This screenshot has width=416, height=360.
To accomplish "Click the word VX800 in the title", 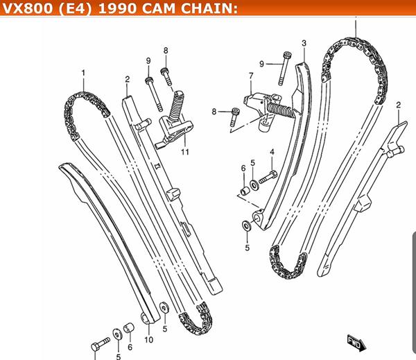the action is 28,8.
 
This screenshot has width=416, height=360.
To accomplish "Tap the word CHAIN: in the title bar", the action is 209,8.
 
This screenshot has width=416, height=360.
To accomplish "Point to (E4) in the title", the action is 76,8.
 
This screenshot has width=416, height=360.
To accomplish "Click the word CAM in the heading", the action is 159,8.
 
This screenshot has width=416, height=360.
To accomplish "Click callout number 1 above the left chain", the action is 84,73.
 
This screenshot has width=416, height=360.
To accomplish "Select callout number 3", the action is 304,43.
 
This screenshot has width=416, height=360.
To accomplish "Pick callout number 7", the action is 251,76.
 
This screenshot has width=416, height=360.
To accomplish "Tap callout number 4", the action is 272,152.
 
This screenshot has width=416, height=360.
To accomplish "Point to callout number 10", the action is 149,340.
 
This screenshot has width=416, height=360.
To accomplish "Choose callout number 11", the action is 185,152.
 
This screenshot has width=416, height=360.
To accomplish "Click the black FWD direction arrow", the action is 357,343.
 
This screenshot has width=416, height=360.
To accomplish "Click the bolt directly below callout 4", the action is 268,177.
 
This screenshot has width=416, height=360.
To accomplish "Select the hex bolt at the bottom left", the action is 101,344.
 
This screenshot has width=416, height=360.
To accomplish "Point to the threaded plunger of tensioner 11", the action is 177,105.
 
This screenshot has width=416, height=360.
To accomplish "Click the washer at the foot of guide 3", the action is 247,226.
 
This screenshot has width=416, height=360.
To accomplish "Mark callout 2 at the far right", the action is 398,105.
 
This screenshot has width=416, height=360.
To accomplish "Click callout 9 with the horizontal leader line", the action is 261,64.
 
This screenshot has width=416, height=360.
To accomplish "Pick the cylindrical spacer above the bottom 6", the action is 129,327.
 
